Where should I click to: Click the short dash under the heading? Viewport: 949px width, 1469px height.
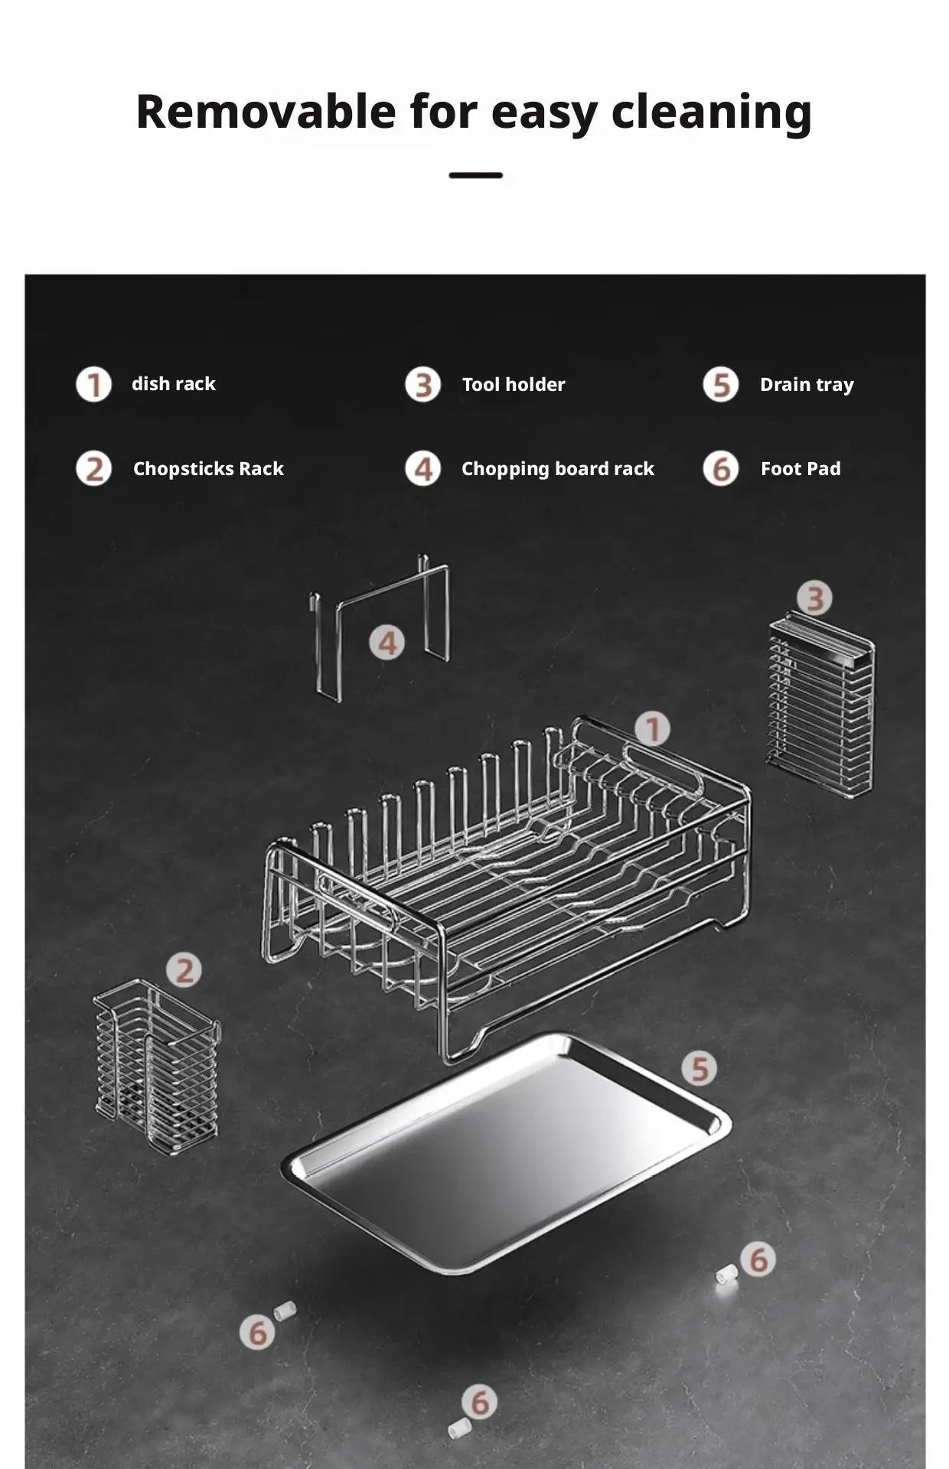click(x=475, y=176)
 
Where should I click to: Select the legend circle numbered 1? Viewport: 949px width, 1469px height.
click(x=93, y=384)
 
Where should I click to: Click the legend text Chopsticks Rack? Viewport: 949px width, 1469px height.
click(x=208, y=468)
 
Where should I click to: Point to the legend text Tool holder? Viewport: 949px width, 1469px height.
click(x=513, y=384)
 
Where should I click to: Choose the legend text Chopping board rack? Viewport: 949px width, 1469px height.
click(x=557, y=468)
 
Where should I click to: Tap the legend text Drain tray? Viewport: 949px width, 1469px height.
click(x=806, y=384)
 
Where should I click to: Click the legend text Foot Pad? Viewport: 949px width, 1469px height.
click(x=800, y=468)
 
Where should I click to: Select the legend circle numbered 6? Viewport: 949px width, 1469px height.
click(x=720, y=468)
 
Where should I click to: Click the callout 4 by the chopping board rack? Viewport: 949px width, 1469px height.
click(x=387, y=643)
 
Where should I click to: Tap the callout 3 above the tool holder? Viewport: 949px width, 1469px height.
click(x=814, y=598)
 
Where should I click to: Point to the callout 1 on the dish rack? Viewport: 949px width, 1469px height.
click(x=652, y=729)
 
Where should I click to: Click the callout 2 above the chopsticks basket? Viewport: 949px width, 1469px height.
click(x=184, y=970)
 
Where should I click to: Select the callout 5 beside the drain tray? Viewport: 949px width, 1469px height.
click(x=700, y=1068)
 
